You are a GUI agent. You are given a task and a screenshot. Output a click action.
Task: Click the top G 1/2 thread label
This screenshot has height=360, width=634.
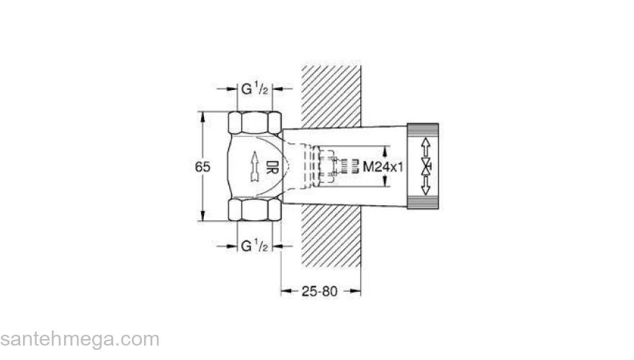254,89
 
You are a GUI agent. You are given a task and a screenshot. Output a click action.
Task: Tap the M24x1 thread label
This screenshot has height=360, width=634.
382,166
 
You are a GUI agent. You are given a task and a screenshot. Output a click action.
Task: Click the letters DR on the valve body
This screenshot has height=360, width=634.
272,166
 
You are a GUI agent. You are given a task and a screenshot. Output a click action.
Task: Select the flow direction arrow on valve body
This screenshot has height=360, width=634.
253,167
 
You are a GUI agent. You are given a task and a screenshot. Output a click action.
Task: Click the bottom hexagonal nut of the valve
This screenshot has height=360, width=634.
256,210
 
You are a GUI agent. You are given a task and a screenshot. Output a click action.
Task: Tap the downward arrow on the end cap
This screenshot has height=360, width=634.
426,186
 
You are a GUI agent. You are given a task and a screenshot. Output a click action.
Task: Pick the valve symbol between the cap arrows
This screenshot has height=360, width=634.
426,167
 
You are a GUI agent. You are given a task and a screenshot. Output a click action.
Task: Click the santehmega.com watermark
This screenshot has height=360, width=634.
79,338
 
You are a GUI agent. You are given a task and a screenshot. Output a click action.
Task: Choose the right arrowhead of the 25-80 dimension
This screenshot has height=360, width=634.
357,291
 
